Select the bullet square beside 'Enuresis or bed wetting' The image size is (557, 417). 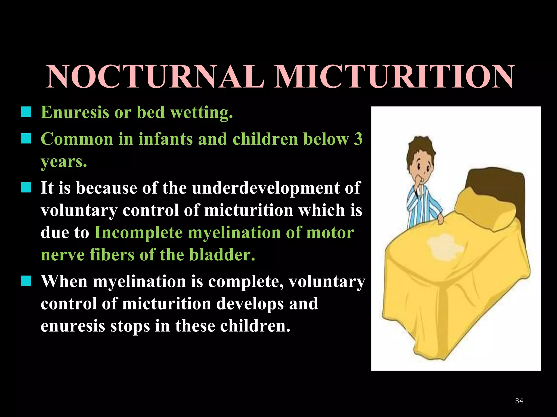[26, 112]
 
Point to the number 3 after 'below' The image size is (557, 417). [358, 139]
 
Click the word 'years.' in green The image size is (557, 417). [64, 162]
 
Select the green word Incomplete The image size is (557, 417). [138, 233]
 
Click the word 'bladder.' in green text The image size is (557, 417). [222, 255]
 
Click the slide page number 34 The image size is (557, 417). [519, 401]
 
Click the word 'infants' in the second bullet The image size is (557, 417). [166, 139]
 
